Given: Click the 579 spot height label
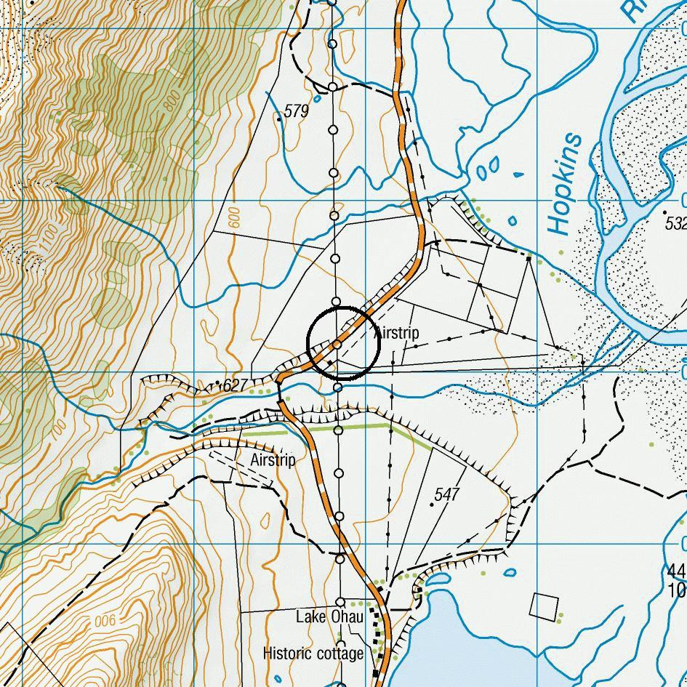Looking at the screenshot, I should (297, 111).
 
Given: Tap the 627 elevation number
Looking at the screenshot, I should (236, 385).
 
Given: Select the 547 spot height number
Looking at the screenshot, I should (447, 494).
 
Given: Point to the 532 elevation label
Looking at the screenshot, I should (677, 222).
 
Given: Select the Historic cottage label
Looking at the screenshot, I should (313, 654).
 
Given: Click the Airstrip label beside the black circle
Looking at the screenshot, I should (397, 334).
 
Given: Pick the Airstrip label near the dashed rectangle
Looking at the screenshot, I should (273, 460).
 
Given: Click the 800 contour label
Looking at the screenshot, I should (172, 101).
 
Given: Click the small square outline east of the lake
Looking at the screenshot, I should (545, 606).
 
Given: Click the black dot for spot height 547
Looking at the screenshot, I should (432, 505).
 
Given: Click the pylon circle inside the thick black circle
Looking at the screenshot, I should (338, 343).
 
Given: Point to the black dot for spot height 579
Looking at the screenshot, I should (280, 117).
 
